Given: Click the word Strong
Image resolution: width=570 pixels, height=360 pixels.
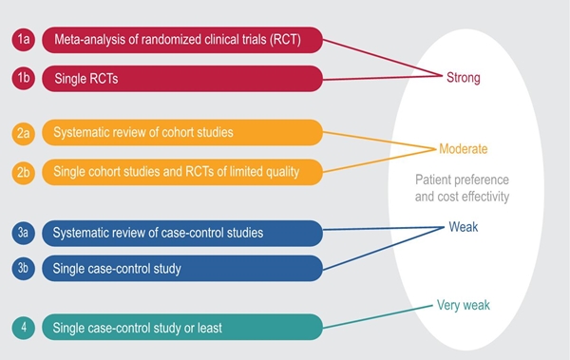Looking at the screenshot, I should tap(464, 78).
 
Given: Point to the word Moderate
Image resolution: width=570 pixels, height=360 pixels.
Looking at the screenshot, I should tap(464, 150).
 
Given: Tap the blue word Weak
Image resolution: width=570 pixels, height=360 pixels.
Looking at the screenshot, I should tap(465, 227).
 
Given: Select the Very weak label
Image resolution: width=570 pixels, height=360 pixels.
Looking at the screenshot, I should tap(463, 305).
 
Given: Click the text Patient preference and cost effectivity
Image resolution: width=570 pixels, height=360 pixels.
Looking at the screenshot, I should tap(463, 188).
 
